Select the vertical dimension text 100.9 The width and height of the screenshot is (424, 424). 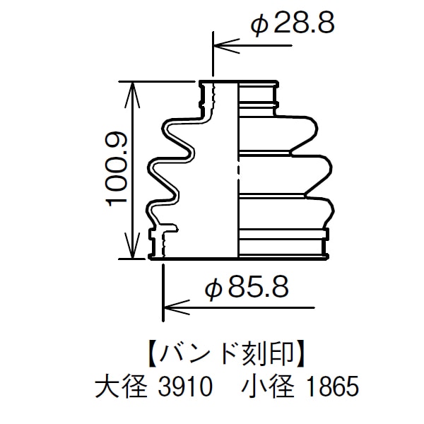pyautogui.click(x=116, y=170)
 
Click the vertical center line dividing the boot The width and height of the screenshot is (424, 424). pyautogui.click(x=236, y=170)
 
